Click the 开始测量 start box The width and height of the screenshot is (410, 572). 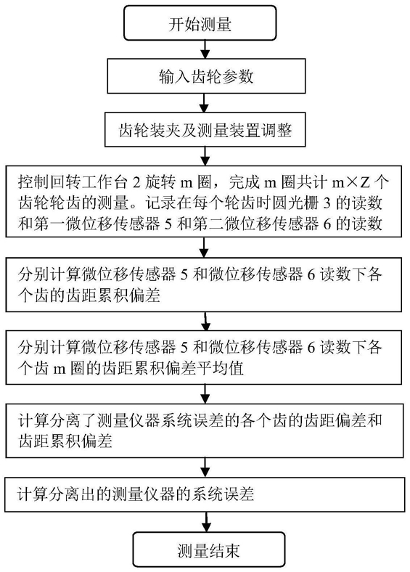pos(200,23)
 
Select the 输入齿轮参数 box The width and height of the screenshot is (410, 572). pos(206,76)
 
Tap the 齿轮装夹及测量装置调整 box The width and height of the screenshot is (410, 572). pos(205,130)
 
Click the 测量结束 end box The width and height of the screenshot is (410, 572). pos(208,549)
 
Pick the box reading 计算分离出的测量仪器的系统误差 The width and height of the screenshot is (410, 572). pos(205,494)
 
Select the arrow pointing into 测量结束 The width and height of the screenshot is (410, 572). pos(207,522)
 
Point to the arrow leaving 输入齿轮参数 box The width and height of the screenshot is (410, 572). pos(205,103)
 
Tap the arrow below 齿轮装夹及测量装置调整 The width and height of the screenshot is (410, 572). pos(205,156)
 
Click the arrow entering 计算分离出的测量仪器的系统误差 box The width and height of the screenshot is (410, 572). pos(206,467)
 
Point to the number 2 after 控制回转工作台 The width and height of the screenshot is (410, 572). pos(136,182)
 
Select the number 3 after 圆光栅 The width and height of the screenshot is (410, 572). pos(326,203)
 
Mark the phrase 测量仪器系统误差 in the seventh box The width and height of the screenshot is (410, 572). pos(160,420)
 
